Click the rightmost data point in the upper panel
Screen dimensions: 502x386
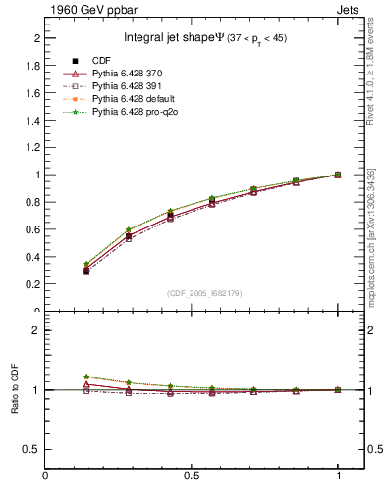point(338,175)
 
